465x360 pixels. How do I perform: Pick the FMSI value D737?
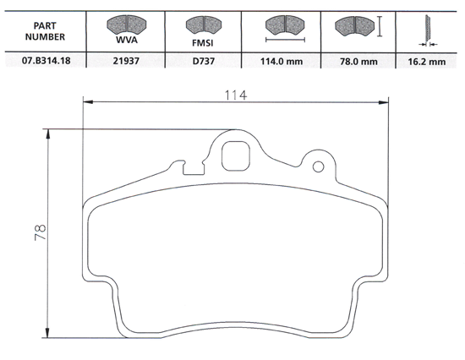coord(202,62)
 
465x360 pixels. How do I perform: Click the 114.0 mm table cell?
coord(284,62)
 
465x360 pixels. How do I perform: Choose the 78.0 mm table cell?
coord(358,62)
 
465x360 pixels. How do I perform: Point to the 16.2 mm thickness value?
coord(427,62)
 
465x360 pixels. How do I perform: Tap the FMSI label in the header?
coord(202,40)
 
